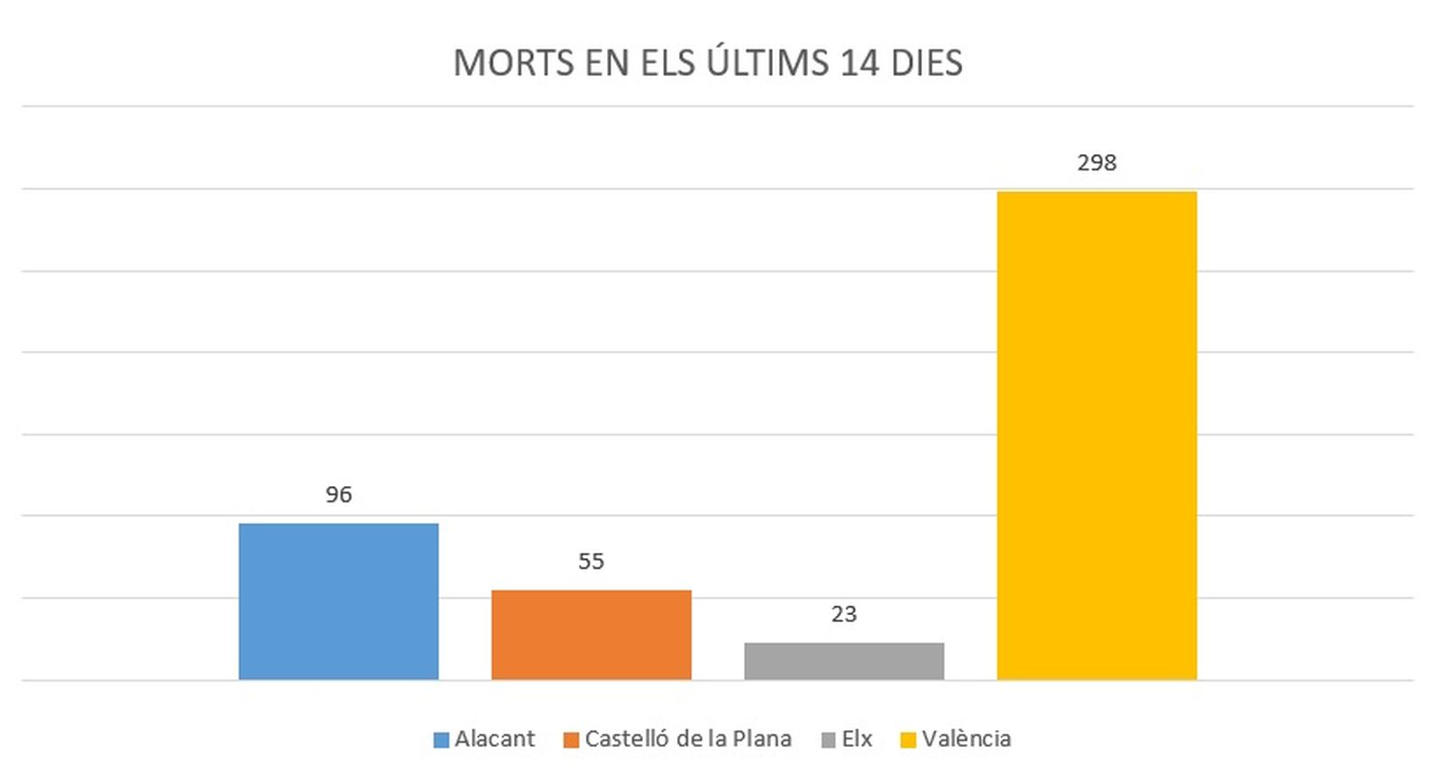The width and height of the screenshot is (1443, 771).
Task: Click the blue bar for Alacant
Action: [338, 601]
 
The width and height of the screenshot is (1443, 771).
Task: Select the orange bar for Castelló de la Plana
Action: [591, 634]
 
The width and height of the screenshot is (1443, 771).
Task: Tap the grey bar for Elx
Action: [843, 660]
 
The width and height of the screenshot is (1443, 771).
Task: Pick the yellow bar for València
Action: [1096, 435]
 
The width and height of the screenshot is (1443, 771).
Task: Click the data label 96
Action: [338, 494]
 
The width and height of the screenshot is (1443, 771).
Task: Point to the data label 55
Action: [591, 561]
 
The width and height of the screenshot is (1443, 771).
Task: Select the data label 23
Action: [843, 614]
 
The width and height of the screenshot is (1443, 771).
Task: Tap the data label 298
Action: [1096, 162]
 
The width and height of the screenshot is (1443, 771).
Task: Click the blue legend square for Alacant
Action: [441, 739]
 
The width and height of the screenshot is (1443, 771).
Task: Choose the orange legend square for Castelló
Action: [571, 739]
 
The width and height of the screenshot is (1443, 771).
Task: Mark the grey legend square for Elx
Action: [829, 739]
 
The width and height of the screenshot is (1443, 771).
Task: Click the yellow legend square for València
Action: [908, 739]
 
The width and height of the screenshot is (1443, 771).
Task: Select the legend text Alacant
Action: [494, 739]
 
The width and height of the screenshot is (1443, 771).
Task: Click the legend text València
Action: [966, 739]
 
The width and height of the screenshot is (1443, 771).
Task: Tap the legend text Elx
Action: [857, 739]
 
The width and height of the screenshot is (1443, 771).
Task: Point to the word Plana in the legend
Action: [761, 739]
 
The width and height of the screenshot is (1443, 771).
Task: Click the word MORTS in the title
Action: [513, 63]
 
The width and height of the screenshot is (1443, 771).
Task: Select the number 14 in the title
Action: [859, 63]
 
